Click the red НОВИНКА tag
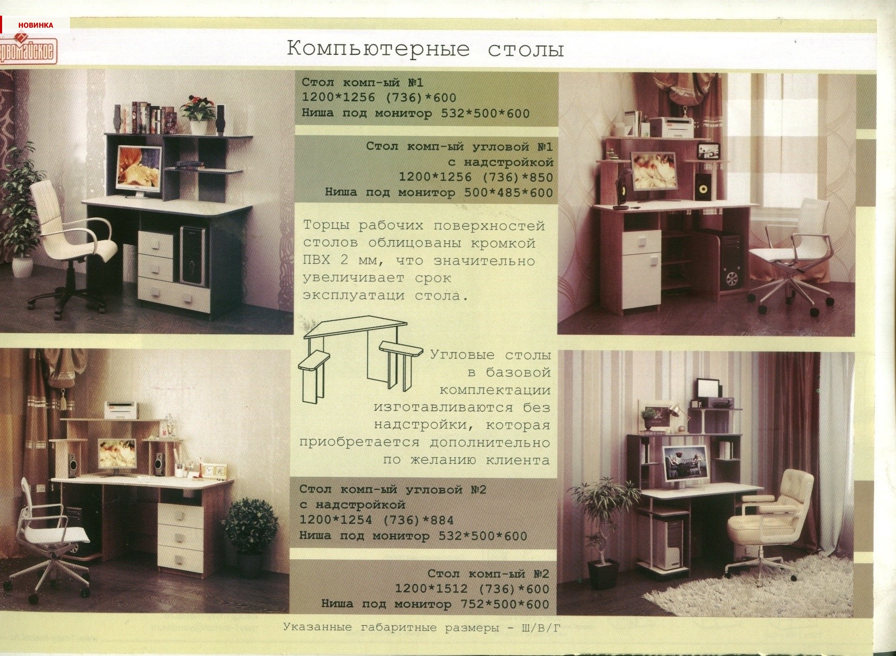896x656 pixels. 35,25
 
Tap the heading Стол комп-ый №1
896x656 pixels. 363,83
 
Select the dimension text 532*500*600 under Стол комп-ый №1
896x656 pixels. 485,113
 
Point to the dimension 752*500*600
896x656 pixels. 505,604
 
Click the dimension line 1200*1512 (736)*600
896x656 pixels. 472,589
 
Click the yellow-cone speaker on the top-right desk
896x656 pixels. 703,189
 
